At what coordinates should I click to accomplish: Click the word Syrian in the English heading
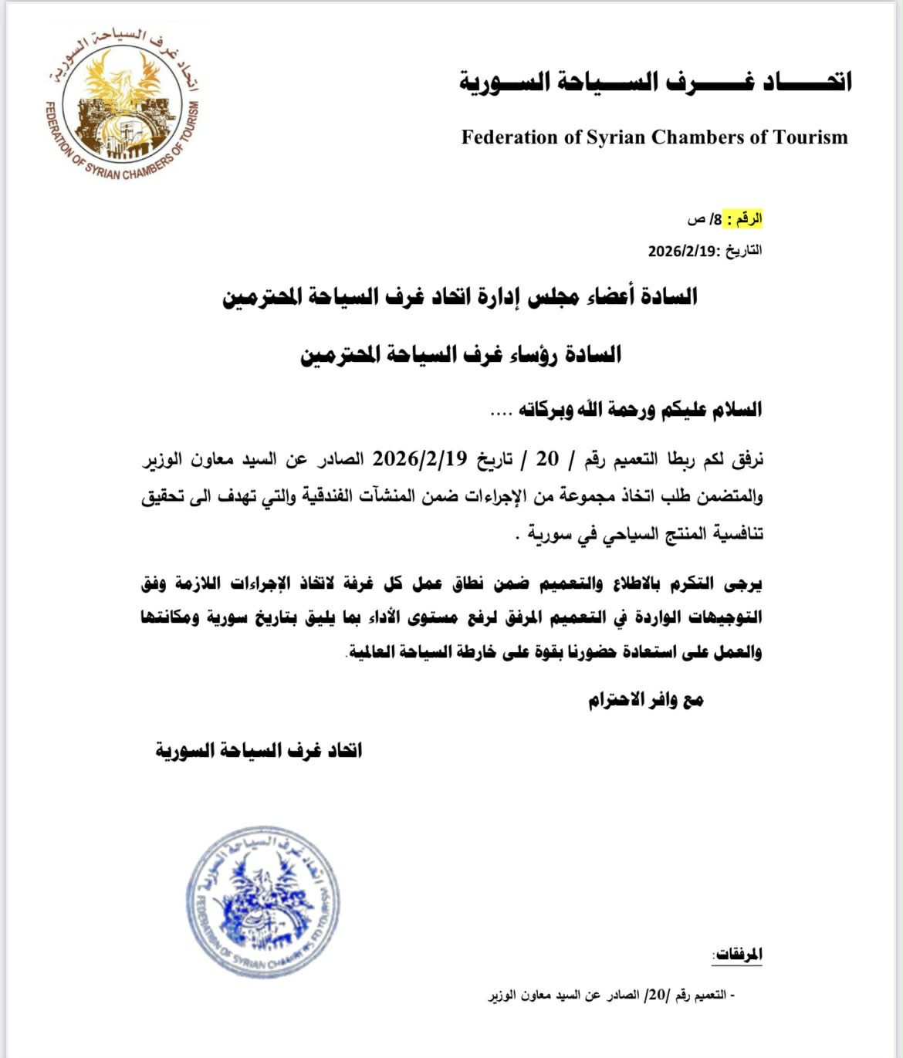point(617,137)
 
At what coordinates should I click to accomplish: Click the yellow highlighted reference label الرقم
point(749,219)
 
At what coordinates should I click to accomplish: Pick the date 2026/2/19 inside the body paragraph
point(421,458)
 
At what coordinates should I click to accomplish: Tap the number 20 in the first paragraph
point(547,458)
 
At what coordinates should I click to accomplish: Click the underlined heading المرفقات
point(737,955)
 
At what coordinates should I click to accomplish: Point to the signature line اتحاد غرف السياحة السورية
point(259,750)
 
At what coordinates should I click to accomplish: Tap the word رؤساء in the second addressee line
point(536,355)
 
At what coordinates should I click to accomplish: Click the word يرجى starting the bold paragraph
point(743,583)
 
